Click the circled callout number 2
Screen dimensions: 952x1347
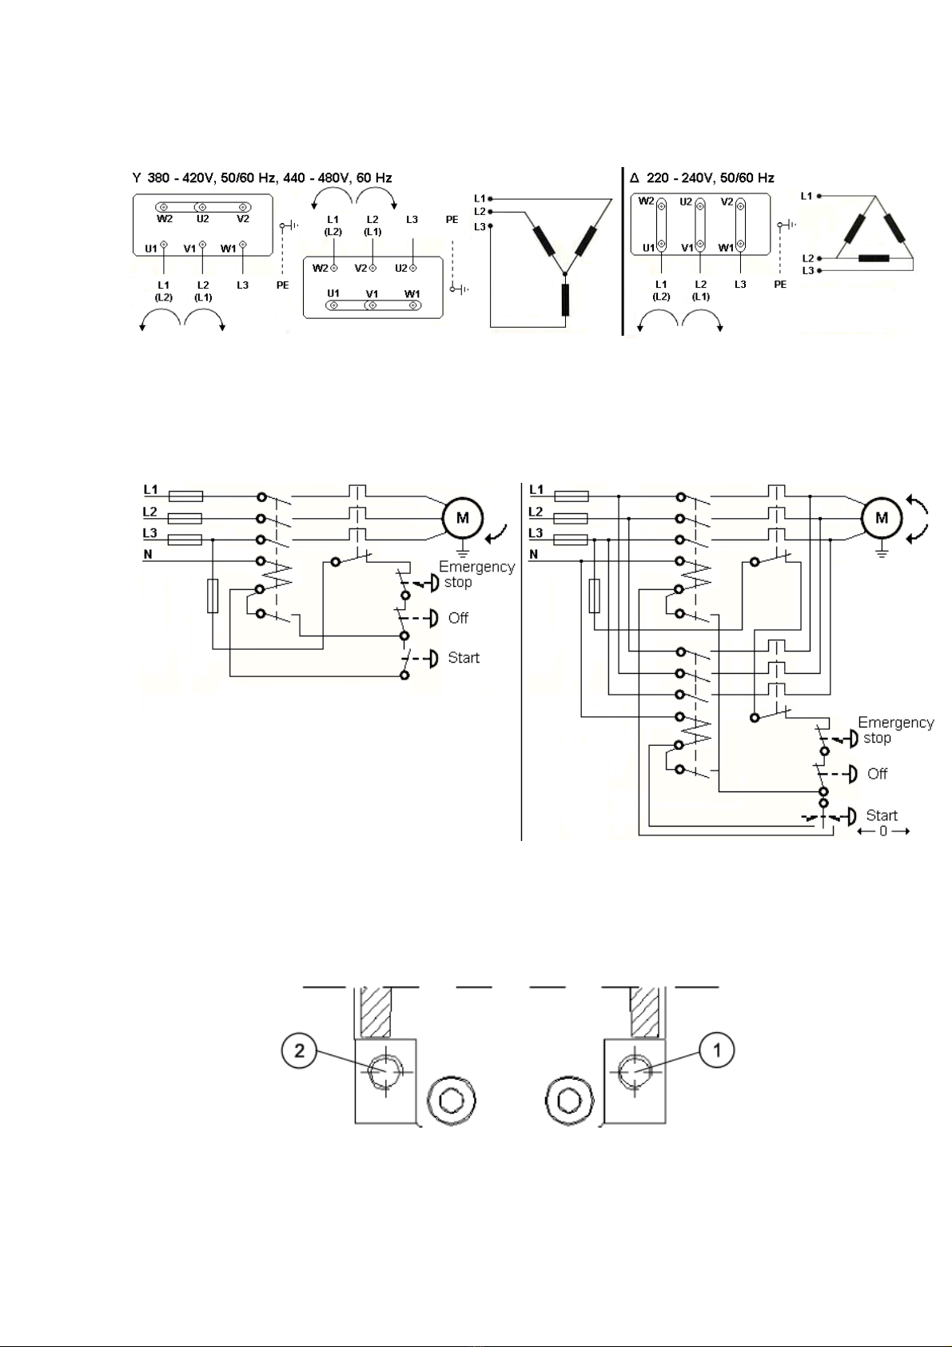click(299, 1050)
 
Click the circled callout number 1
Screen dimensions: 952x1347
click(717, 1050)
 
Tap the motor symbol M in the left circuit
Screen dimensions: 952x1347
click(463, 518)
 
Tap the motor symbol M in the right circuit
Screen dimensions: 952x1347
click(882, 518)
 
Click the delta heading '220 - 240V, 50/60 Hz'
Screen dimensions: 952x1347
click(711, 178)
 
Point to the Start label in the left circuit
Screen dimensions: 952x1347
click(464, 657)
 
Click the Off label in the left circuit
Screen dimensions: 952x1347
click(458, 618)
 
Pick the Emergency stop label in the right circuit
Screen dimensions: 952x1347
click(895, 729)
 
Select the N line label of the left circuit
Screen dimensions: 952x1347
click(148, 554)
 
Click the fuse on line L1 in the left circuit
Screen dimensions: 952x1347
click(185, 496)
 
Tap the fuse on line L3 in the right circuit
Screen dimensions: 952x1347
click(571, 540)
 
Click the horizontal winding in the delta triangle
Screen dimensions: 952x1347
click(873, 258)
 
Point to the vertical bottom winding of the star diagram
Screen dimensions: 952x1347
click(565, 300)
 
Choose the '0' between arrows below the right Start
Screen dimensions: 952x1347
click(882, 831)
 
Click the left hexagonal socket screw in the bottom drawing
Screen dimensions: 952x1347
click(451, 1101)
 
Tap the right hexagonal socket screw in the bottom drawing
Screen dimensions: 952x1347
click(569, 1101)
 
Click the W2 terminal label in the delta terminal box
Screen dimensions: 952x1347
click(646, 201)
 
